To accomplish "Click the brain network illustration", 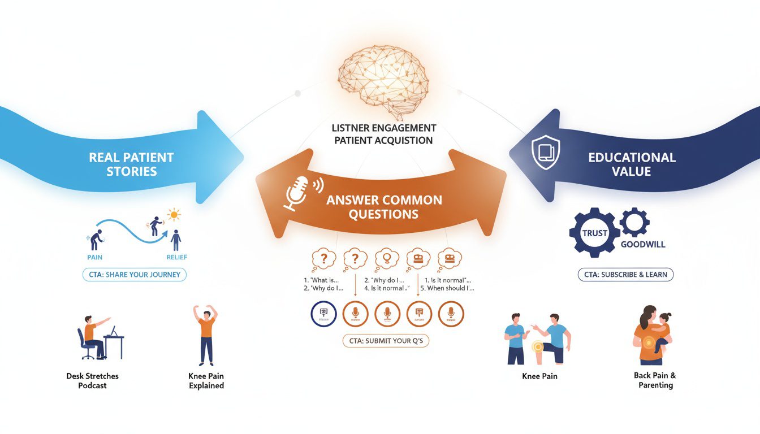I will coord(383,76).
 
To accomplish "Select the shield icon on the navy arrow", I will coord(546,151).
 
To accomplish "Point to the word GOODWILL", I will coord(642,245).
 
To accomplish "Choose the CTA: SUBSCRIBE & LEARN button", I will coord(625,275).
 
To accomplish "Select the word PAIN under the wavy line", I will coord(95,257).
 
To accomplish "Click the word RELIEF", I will coord(177,257).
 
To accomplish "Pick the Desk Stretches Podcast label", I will coord(93,380).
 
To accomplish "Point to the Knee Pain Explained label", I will coord(206,380).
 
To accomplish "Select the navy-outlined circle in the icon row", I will coord(323,314).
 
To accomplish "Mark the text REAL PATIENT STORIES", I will coord(131,164).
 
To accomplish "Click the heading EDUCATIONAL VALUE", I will coord(632,164).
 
